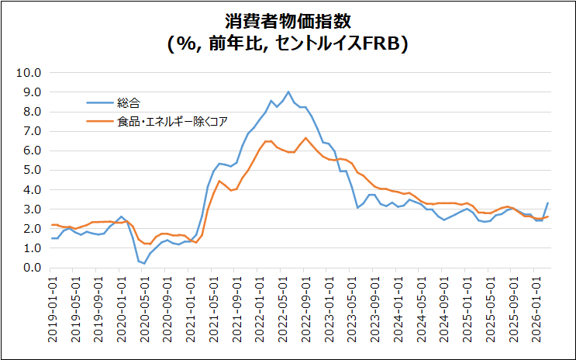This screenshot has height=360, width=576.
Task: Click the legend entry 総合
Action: click(129, 102)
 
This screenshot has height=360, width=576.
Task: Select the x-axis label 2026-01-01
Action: click(536, 306)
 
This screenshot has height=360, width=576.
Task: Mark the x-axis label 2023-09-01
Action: click(376, 306)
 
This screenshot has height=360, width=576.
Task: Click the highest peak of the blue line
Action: click(288, 92)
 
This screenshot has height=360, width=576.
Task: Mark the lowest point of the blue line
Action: click(144, 264)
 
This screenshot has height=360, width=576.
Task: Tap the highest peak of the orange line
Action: click(305, 138)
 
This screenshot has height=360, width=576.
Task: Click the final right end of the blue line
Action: click(548, 203)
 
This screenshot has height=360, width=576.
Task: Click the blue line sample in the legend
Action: click(98, 102)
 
